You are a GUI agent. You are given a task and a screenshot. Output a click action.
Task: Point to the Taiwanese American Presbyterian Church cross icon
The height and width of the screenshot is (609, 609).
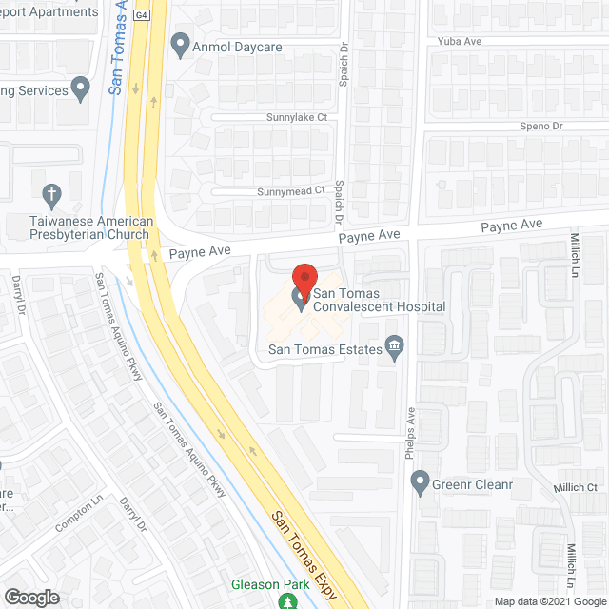coord(53,196)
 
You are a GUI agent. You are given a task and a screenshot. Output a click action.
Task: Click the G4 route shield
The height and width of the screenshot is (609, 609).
coord(142,16)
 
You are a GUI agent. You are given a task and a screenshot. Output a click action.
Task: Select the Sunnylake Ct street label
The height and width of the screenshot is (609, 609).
coord(296,118)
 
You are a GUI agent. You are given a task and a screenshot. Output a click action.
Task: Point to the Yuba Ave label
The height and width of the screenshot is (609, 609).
coord(462,42)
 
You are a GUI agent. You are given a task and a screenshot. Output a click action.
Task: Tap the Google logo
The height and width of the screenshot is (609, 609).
coord(31,597)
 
